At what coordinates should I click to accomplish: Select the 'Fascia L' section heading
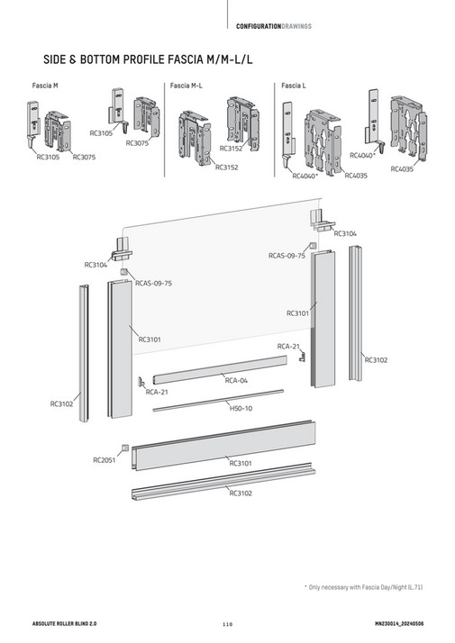[293, 85]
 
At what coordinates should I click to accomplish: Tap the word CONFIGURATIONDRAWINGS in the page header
[274, 25]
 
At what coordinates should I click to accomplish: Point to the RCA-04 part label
[236, 381]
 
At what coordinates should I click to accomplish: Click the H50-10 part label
[241, 408]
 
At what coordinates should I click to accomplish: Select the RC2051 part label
[105, 459]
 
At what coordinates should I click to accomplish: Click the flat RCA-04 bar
[219, 367]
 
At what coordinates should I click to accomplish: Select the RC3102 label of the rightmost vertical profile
[376, 360]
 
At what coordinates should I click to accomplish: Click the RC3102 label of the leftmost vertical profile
[61, 404]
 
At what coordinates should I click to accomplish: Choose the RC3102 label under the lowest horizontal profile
[241, 493]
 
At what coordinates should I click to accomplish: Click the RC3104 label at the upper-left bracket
[96, 265]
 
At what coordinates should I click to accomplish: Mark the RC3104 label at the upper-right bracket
[345, 233]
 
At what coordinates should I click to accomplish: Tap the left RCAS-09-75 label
[153, 283]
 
